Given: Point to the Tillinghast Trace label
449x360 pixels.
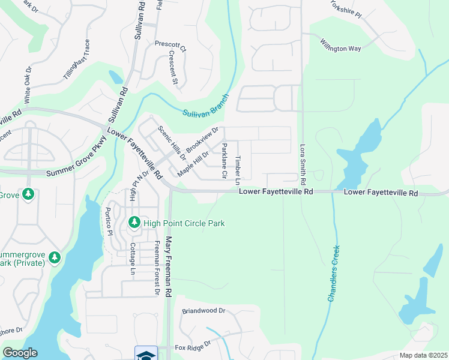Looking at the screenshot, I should pyautogui.click(x=76, y=60).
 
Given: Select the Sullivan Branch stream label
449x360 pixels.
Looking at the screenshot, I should pyautogui.click(x=206, y=105).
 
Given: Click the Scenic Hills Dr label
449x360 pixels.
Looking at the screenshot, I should pyautogui.click(x=172, y=144).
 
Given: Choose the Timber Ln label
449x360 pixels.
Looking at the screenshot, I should pyautogui.click(x=238, y=171).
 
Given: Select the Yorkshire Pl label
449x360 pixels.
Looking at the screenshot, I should pyautogui.click(x=348, y=8).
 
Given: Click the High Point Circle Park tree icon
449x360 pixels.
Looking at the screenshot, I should pyautogui.click(x=134, y=223).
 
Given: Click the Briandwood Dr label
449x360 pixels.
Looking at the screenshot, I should pyautogui.click(x=203, y=311).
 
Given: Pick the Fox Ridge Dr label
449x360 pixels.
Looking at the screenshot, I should pyautogui.click(x=193, y=346).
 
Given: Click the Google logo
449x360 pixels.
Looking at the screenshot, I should pyautogui.click(x=20, y=353).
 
